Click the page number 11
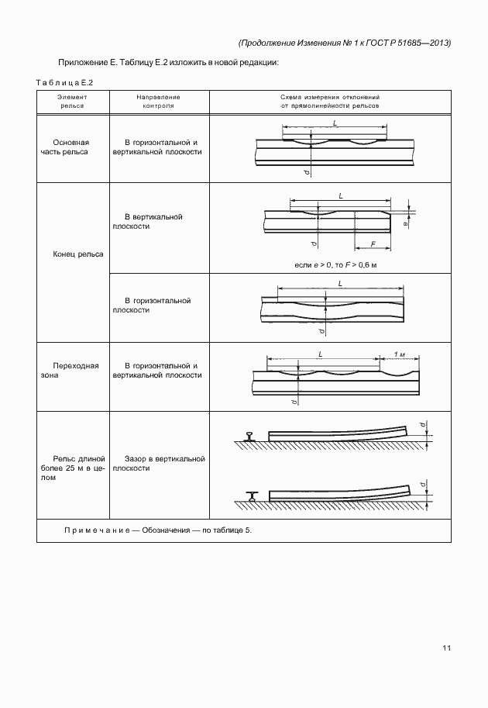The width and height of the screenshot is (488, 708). tap(446, 648)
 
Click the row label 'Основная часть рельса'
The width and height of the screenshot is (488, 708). tap(71, 147)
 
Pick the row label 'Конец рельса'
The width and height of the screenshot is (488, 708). tap(74, 254)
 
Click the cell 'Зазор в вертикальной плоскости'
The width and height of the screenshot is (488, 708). tap(159, 464)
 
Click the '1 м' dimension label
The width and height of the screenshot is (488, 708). tap(400, 354)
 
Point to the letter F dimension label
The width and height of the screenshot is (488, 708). tap(373, 244)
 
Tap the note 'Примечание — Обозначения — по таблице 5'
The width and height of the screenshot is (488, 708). tap(159, 530)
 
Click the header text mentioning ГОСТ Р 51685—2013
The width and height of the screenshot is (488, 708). tap(345, 43)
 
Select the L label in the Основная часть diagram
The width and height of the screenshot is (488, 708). tap(334, 124)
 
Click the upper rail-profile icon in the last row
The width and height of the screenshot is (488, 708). tap(249, 437)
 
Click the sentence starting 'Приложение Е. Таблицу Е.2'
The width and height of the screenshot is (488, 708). tap(167, 62)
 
